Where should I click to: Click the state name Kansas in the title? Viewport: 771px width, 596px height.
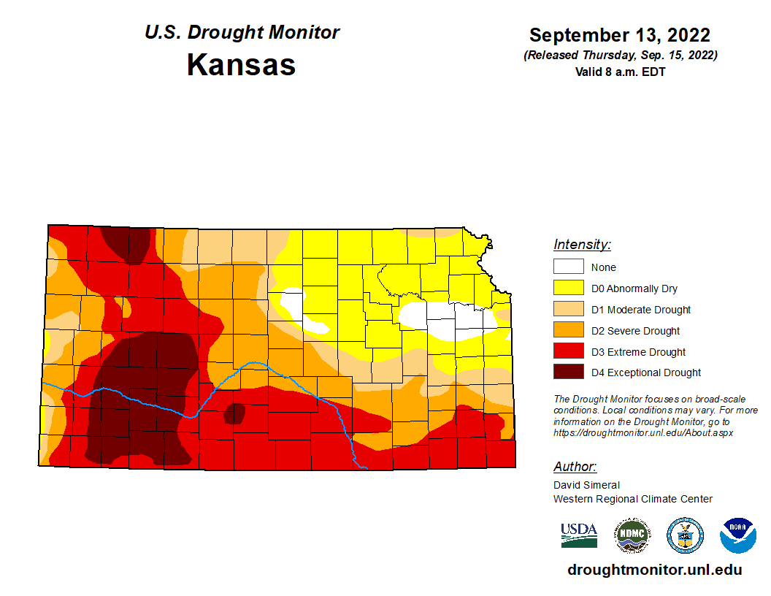click(241, 64)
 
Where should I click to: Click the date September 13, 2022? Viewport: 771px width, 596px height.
click(620, 35)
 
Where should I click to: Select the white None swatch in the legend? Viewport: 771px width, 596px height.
click(568, 267)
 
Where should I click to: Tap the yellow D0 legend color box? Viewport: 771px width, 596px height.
click(568, 288)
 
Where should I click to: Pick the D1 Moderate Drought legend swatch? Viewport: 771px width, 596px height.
click(568, 309)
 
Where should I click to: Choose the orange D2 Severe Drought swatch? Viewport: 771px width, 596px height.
click(568, 330)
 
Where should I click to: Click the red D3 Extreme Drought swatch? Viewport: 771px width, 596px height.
click(568, 351)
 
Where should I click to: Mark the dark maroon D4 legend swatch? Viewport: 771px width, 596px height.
click(568, 372)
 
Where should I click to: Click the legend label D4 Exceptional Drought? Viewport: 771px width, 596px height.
click(645, 372)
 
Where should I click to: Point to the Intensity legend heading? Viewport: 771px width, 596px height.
click(582, 245)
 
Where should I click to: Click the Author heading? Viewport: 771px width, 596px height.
click(575, 467)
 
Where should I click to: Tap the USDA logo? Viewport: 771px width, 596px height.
click(579, 535)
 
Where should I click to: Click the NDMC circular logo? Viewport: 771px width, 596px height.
click(632, 535)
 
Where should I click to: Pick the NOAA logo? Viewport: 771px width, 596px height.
click(737, 535)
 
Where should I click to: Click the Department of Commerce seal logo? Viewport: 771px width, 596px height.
click(685, 535)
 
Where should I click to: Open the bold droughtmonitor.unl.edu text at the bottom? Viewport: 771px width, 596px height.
click(654, 570)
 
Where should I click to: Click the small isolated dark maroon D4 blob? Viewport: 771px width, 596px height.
click(234, 413)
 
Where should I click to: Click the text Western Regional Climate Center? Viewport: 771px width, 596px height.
click(632, 499)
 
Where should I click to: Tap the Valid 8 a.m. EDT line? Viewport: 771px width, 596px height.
click(620, 72)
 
